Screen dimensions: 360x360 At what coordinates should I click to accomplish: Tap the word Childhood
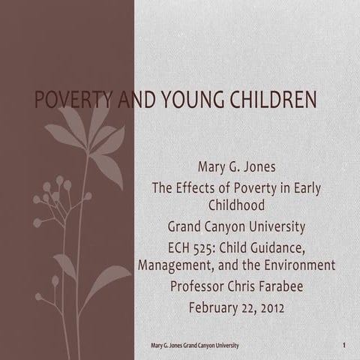coord(237,203)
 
